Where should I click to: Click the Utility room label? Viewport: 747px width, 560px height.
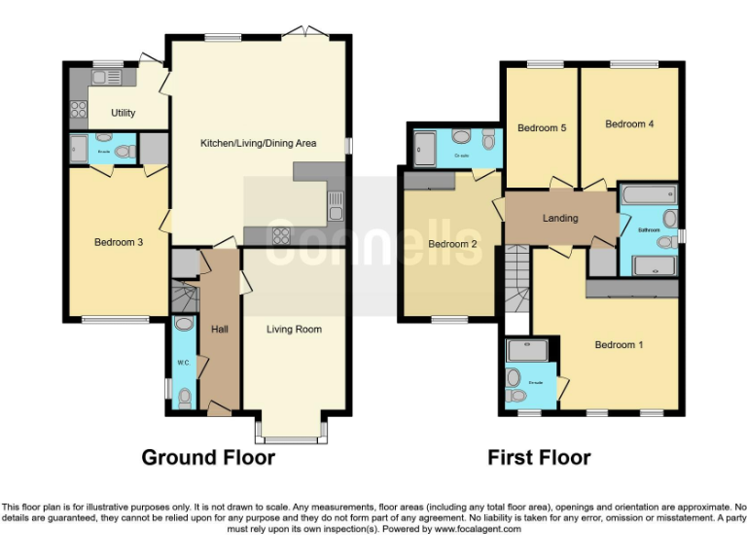pyautogui.click(x=124, y=113)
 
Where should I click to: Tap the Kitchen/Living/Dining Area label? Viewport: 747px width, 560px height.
pyautogui.click(x=259, y=143)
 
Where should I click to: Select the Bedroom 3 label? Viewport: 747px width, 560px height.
pyautogui.click(x=119, y=242)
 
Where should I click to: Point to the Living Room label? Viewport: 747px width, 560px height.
pyautogui.click(x=294, y=330)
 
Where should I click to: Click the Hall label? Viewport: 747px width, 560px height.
pyautogui.click(x=220, y=330)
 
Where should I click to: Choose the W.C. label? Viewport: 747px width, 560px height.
pyautogui.click(x=183, y=364)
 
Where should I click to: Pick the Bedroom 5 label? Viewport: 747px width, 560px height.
pyautogui.click(x=541, y=128)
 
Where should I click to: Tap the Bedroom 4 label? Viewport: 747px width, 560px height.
pyautogui.click(x=629, y=124)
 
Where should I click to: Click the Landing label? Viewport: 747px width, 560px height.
pyautogui.click(x=560, y=218)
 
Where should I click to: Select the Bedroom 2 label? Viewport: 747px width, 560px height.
pyautogui.click(x=452, y=244)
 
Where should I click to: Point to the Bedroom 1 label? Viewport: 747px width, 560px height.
pyautogui.click(x=620, y=345)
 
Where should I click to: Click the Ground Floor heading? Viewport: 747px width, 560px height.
pyautogui.click(x=208, y=457)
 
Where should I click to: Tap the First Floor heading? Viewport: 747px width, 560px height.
pyautogui.click(x=539, y=457)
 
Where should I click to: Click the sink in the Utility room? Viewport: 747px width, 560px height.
pyautogui.click(x=107, y=77)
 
